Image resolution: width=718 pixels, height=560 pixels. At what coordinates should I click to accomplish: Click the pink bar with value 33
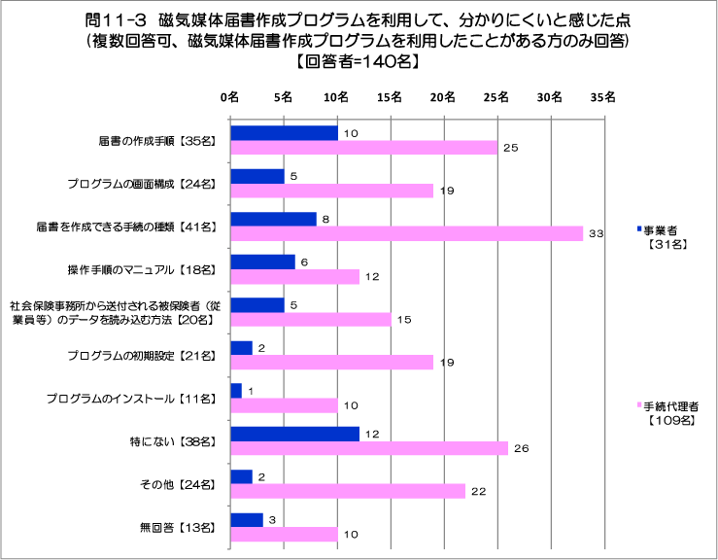[405, 233]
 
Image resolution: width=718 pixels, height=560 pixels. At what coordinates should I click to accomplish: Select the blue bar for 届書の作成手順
[283, 133]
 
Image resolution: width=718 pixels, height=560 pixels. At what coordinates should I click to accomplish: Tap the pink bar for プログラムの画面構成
[330, 191]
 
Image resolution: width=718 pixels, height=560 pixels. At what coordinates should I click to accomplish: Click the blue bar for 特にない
[293, 433]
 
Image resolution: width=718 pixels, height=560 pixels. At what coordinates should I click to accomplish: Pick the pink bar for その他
[347, 491]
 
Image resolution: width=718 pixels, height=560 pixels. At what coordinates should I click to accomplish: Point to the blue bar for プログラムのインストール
[235, 390]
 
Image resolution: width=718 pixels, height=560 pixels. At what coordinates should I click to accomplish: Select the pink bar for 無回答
[283, 534]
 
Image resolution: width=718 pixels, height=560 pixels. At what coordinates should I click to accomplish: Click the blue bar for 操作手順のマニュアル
[261, 262]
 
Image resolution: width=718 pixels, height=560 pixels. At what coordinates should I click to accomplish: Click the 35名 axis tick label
[603, 97]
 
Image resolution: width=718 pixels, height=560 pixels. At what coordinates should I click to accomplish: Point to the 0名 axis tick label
[229, 97]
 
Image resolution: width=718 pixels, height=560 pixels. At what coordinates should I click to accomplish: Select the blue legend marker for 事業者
[638, 228]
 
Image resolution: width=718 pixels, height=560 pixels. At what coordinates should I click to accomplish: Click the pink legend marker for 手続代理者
[638, 405]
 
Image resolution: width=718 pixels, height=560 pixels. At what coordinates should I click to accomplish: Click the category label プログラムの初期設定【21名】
[148, 355]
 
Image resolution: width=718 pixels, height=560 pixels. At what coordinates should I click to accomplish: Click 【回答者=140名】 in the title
[359, 60]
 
